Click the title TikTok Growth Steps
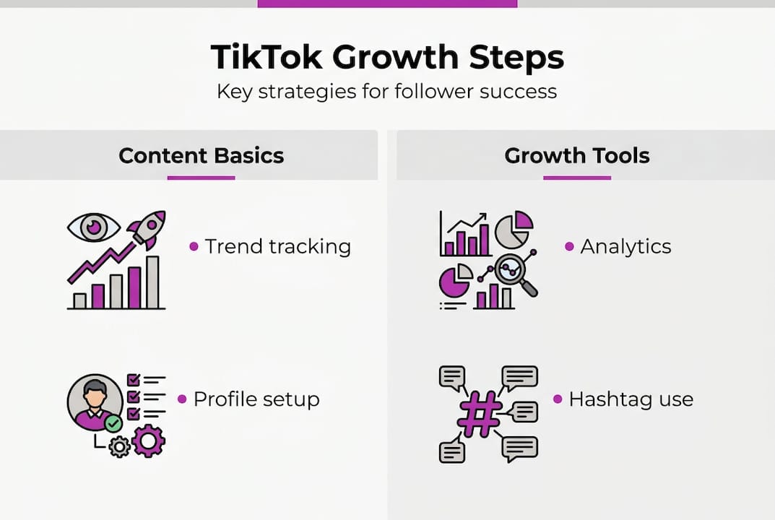387,57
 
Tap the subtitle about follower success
387,92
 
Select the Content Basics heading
201,155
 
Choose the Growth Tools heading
577,155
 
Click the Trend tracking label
277,246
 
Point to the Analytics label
625,246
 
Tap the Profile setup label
256,399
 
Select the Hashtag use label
631,399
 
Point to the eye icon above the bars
93,227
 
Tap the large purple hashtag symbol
480,415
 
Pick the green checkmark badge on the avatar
113,423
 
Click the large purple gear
149,441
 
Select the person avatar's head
94,394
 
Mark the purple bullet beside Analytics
569,247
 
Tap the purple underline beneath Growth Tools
576,177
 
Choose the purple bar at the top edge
387,4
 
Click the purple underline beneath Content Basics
201,177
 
